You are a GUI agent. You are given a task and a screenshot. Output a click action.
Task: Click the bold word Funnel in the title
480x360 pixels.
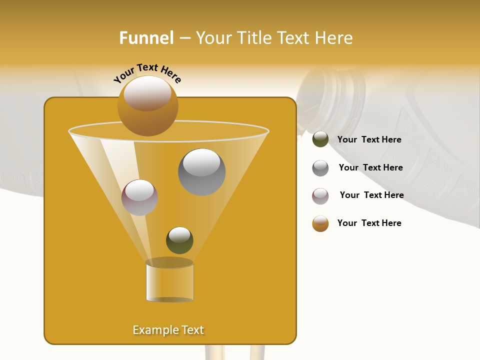146,38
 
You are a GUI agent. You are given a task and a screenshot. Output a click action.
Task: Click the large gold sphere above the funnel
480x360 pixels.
147,105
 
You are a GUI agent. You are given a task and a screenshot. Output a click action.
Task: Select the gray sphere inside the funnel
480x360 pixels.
201,171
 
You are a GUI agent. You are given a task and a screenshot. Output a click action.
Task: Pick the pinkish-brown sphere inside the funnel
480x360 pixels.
139,197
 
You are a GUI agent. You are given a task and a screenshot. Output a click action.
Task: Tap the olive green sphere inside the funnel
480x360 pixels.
179,240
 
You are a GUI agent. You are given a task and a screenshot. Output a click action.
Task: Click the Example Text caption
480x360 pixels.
168,330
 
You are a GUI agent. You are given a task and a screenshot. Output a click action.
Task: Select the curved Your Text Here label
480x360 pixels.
147,73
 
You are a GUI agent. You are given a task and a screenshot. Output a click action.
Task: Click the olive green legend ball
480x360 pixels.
320,139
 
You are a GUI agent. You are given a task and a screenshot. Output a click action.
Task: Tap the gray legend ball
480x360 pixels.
320,168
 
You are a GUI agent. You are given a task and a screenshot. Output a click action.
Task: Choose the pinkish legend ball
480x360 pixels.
320,196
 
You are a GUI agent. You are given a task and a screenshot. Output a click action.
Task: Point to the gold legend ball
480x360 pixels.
320,223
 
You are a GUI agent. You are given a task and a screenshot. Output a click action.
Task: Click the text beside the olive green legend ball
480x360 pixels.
369,140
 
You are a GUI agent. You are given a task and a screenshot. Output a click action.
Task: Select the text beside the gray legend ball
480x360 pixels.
370,168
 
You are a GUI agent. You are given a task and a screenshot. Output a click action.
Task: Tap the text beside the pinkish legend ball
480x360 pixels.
371,195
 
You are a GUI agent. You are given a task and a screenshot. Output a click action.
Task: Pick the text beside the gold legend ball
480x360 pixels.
369,223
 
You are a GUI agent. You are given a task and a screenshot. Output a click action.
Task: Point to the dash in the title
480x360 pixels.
184,38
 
